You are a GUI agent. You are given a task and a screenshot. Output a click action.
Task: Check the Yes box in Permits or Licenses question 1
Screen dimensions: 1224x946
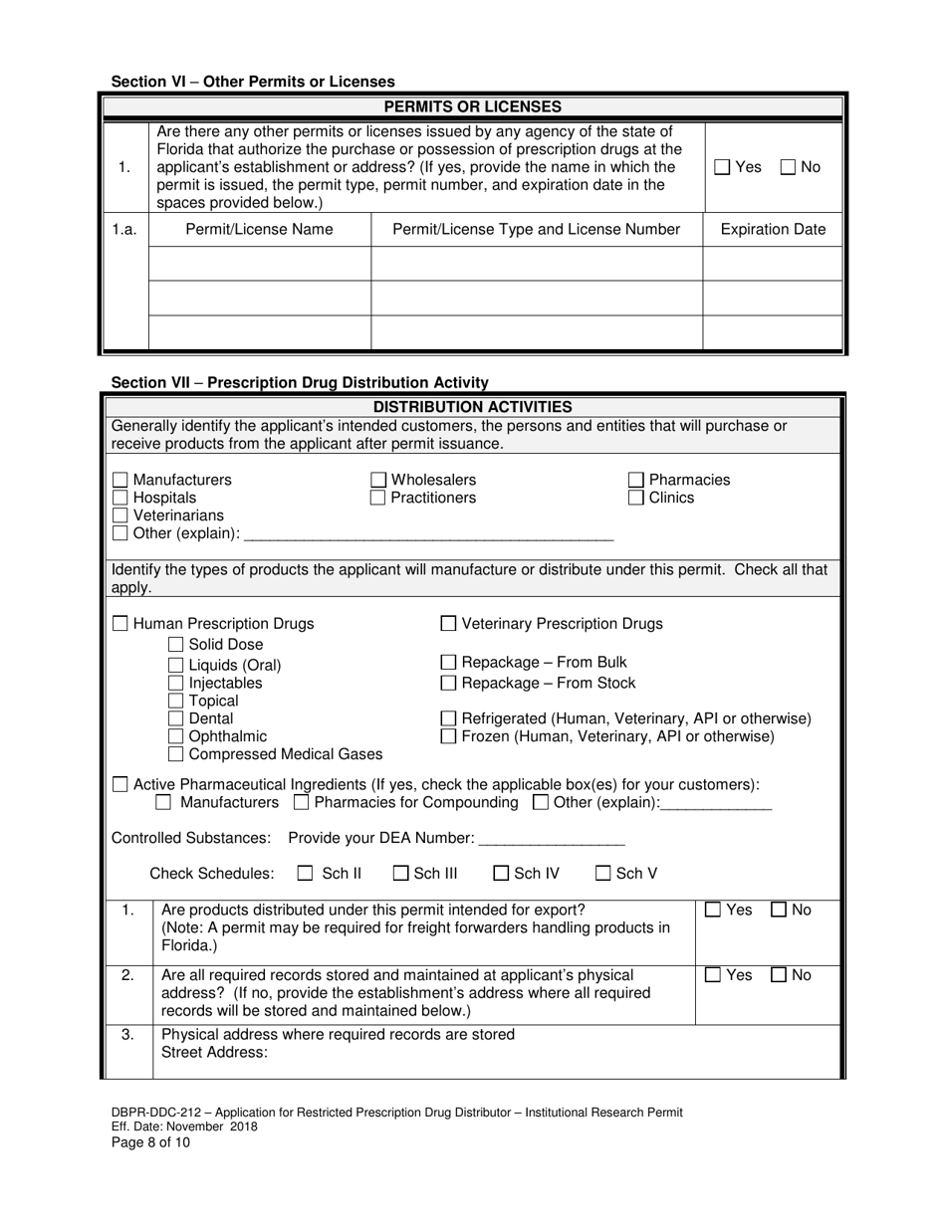(723, 168)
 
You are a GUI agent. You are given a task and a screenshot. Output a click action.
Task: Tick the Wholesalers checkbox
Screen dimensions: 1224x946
(378, 481)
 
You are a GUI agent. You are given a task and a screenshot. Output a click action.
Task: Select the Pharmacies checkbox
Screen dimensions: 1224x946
(636, 481)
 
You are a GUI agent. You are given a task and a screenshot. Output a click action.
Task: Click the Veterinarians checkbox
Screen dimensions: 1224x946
(120, 515)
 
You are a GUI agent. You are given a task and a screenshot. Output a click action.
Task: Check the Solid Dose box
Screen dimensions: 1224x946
(176, 645)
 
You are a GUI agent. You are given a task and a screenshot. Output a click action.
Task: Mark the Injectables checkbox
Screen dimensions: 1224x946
(176, 684)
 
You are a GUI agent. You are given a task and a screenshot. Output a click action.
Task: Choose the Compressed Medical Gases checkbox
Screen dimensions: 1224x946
(176, 754)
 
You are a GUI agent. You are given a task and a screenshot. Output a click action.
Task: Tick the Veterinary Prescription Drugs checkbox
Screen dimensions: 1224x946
(448, 624)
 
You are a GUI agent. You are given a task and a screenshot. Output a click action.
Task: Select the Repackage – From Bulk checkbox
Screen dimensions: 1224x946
(448, 663)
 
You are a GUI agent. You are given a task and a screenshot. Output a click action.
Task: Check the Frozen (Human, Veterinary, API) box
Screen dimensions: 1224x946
(448, 737)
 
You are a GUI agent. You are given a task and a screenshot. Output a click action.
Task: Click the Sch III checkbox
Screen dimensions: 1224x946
(401, 874)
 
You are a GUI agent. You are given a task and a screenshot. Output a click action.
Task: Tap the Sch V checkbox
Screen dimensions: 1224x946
(603, 874)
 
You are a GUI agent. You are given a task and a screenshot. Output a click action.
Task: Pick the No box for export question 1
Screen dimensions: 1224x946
(781, 910)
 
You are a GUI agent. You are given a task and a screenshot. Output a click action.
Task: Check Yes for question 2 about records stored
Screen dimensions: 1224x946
(713, 975)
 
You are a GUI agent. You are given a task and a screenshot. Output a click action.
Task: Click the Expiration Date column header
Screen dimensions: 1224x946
(772, 230)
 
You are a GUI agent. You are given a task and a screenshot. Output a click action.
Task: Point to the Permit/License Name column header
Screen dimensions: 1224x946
(260, 230)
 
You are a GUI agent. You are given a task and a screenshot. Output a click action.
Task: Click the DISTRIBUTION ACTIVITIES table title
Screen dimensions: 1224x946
(472, 406)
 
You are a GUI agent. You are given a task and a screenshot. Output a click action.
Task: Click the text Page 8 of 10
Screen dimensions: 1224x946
(150, 1142)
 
